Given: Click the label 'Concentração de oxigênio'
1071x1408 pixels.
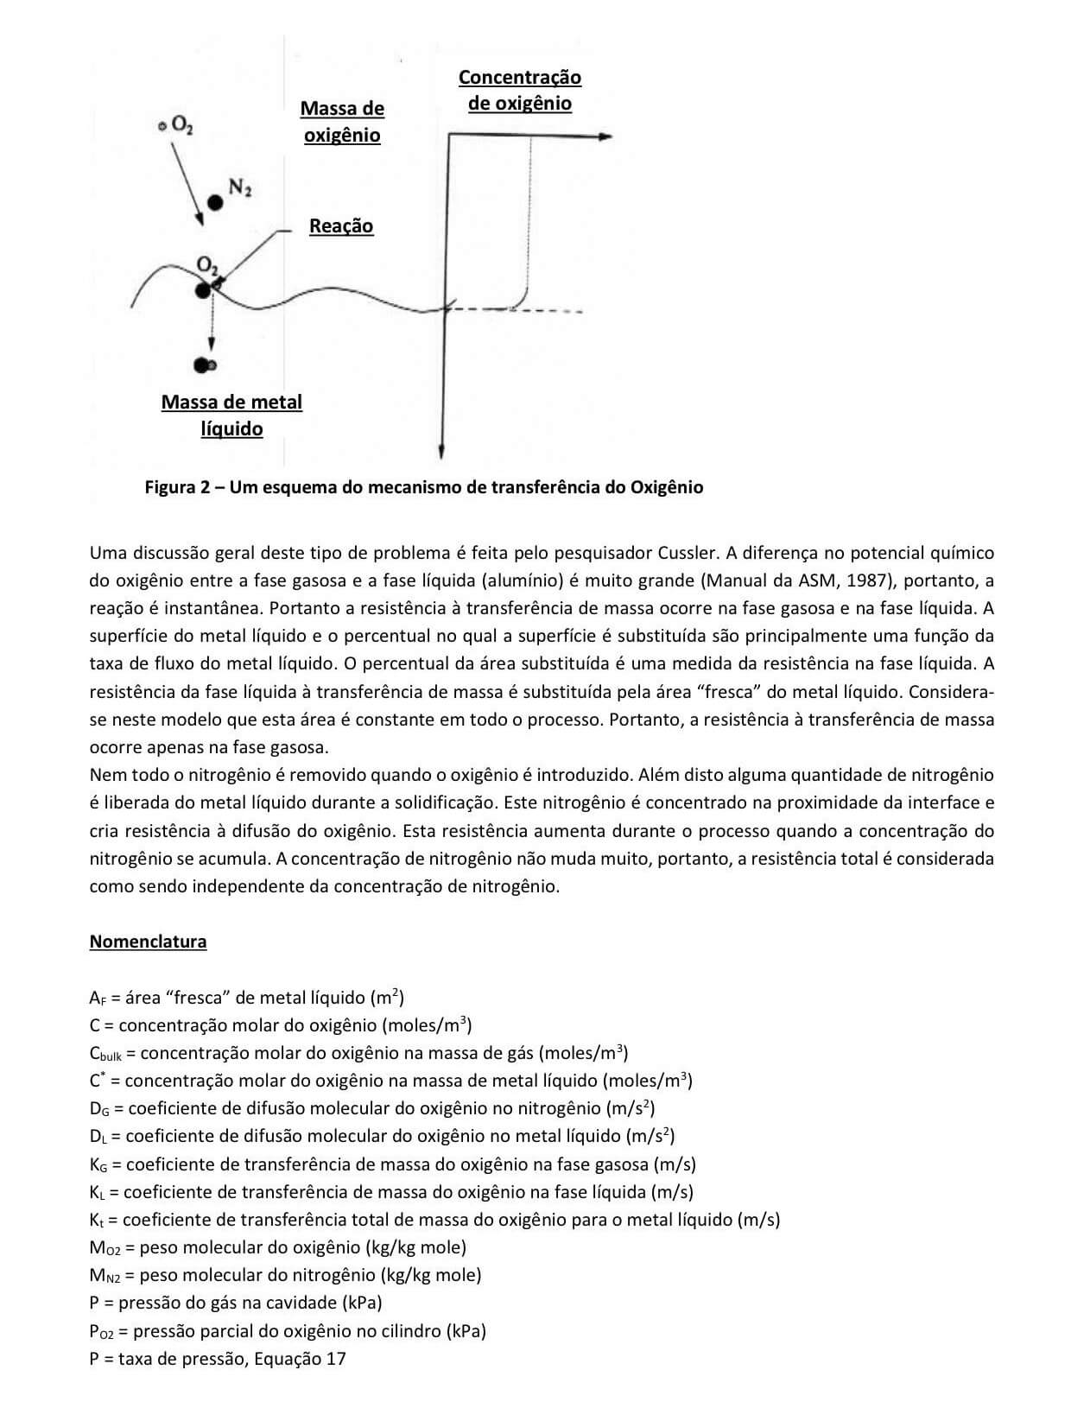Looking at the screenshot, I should click(x=519, y=90).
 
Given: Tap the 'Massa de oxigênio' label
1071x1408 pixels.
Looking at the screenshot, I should click(x=342, y=122).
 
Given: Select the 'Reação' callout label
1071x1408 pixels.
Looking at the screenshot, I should click(x=341, y=226).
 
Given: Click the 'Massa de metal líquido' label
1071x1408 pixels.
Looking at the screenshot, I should click(x=231, y=415).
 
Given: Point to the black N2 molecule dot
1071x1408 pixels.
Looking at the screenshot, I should click(x=214, y=202).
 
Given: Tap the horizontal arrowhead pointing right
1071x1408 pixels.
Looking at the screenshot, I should click(x=605, y=136).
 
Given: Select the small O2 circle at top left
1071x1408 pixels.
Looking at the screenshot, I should click(x=162, y=126).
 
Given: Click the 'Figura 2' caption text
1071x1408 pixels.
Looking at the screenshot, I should click(x=423, y=487).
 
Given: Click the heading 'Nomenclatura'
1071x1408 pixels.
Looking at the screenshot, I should click(x=148, y=942).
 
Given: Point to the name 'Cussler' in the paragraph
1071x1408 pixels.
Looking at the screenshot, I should click(x=688, y=553).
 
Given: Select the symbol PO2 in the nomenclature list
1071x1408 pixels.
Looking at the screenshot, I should click(x=104, y=1331).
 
